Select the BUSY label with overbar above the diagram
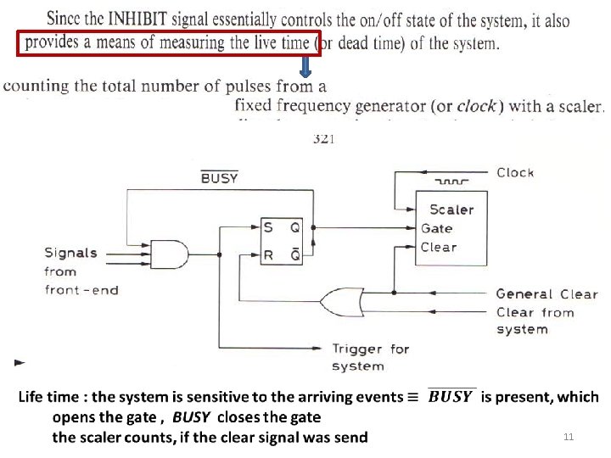[x=219, y=178]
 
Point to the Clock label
[x=515, y=172]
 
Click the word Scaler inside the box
[x=451, y=209]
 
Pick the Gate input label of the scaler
[x=436, y=228]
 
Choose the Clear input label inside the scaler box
[x=438, y=247]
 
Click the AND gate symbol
[x=169, y=253]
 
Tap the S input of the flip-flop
[x=268, y=227]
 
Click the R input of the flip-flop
[x=268, y=253]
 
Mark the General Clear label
[x=547, y=294]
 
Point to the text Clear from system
[x=535, y=321]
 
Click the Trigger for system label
[x=370, y=357]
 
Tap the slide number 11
[x=569, y=437]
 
